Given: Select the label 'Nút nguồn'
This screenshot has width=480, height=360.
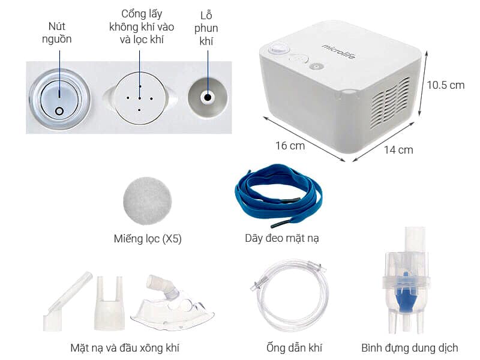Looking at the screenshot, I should click(x=59, y=33).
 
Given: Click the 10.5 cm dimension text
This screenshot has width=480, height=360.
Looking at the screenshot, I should click(x=445, y=85).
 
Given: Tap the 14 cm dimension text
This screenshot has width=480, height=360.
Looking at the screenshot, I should click(x=398, y=149).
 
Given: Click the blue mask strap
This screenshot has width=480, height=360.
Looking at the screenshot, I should click(x=277, y=195).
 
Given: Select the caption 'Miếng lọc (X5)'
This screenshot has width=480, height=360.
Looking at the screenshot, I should click(x=148, y=238).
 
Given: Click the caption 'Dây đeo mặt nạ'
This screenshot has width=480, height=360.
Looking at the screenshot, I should click(x=281, y=238).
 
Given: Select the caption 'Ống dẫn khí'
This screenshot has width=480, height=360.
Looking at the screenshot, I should click(x=291, y=347).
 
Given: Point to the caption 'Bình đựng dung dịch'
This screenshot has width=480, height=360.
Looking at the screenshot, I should click(x=410, y=347).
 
